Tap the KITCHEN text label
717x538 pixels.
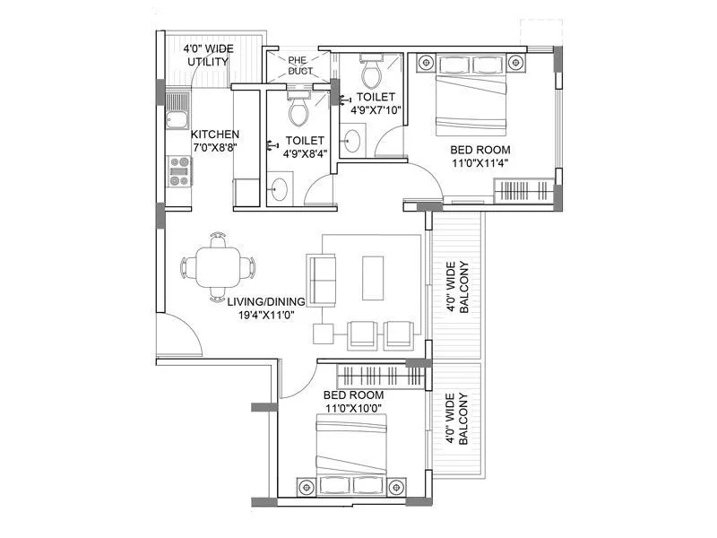pyautogui.click(x=214, y=134)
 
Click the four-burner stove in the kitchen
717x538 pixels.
pyautogui.click(x=179, y=170)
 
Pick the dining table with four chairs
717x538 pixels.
pyautogui.click(x=218, y=267)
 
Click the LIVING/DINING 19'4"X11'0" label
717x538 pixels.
pyautogui.click(x=265, y=308)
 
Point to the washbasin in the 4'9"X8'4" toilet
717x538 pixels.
pyautogui.click(x=280, y=190)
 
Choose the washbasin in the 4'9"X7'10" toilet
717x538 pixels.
pyautogui.click(x=354, y=141)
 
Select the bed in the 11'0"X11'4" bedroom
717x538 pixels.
pyautogui.click(x=470, y=93)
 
